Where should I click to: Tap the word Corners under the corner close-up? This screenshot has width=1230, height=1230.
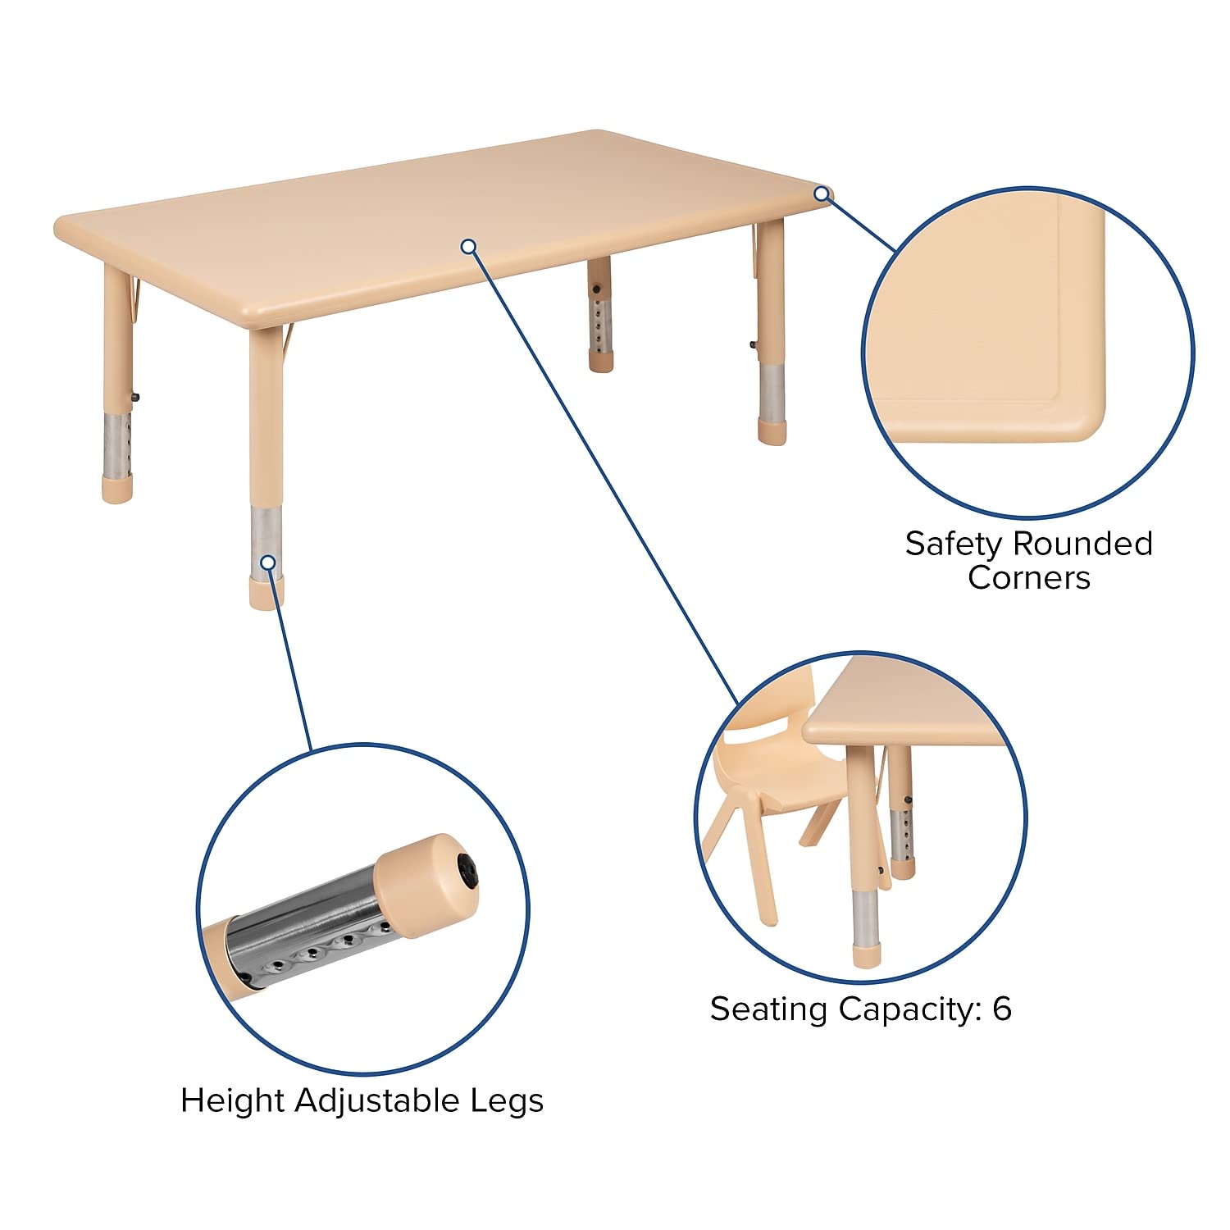1028,577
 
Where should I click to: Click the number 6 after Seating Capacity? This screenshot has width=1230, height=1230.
1001,1009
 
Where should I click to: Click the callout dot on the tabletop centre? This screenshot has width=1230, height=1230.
468,246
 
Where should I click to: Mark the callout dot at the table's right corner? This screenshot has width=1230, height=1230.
821,194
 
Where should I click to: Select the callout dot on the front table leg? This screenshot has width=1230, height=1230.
267,563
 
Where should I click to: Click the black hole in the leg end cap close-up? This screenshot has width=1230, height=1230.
467,869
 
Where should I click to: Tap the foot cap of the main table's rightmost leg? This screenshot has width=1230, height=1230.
771,432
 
